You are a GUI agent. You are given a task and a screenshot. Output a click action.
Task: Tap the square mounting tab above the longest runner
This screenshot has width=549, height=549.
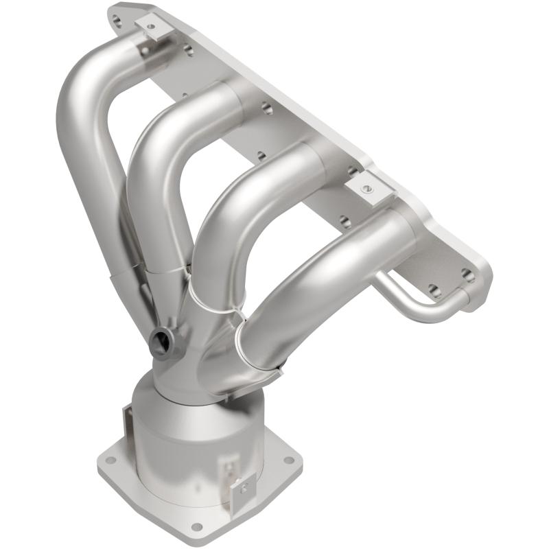click(150, 27)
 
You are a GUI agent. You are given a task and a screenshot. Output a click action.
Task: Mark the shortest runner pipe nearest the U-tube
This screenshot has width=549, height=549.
click(323, 268)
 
